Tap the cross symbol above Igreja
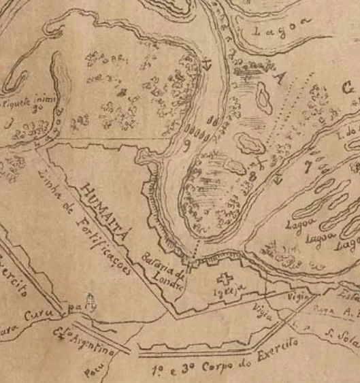[223, 278]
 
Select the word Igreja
[231, 293]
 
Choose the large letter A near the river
[277, 78]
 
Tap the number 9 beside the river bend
[185, 144]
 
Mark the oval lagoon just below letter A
[263, 99]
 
